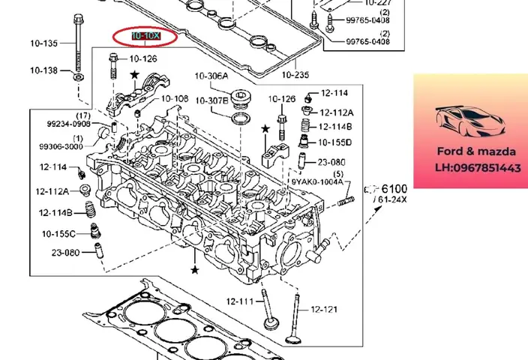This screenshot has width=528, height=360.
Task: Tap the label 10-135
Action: [x=43, y=43]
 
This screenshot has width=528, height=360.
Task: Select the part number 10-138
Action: [x=43, y=70]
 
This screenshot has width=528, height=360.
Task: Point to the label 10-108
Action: [x=175, y=98]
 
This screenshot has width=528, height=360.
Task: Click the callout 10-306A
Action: [x=212, y=76]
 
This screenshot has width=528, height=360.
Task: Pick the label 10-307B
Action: [x=212, y=100]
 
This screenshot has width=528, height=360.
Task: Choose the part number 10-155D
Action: [x=334, y=142]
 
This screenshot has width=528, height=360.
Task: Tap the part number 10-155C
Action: [x=58, y=234]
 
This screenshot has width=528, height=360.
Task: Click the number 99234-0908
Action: [x=69, y=124]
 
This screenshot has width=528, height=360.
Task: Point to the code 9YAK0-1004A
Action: [x=316, y=181]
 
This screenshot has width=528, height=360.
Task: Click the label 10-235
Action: [x=295, y=74]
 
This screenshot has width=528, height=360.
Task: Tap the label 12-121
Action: [x=324, y=309]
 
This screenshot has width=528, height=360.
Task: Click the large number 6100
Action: [x=394, y=189]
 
